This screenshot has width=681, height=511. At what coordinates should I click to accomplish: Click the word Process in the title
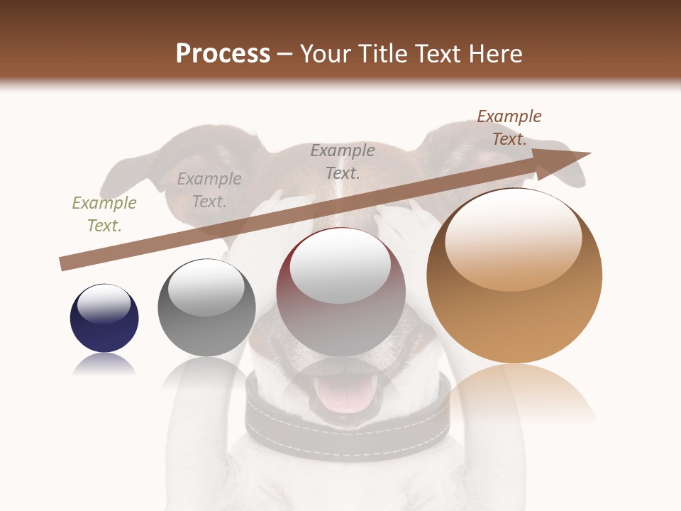point(223,54)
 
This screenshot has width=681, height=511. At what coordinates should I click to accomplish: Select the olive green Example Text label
point(104,214)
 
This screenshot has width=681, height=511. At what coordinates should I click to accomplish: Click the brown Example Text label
point(509,128)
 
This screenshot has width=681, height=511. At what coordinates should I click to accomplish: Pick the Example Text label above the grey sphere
point(209,190)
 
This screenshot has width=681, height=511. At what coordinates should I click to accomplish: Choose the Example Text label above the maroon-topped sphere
point(343,161)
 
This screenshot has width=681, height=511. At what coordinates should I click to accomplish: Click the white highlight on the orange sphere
point(513,238)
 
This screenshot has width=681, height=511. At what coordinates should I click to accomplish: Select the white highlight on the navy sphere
point(104,304)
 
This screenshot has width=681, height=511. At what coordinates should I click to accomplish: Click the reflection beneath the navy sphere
point(104,365)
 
